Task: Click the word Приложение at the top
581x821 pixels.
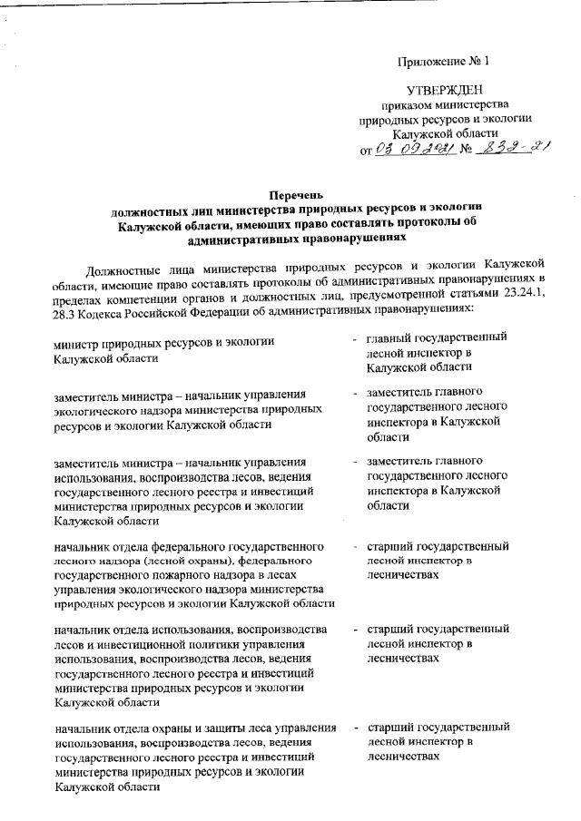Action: tap(432, 62)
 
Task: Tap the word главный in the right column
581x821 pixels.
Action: tap(389, 338)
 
